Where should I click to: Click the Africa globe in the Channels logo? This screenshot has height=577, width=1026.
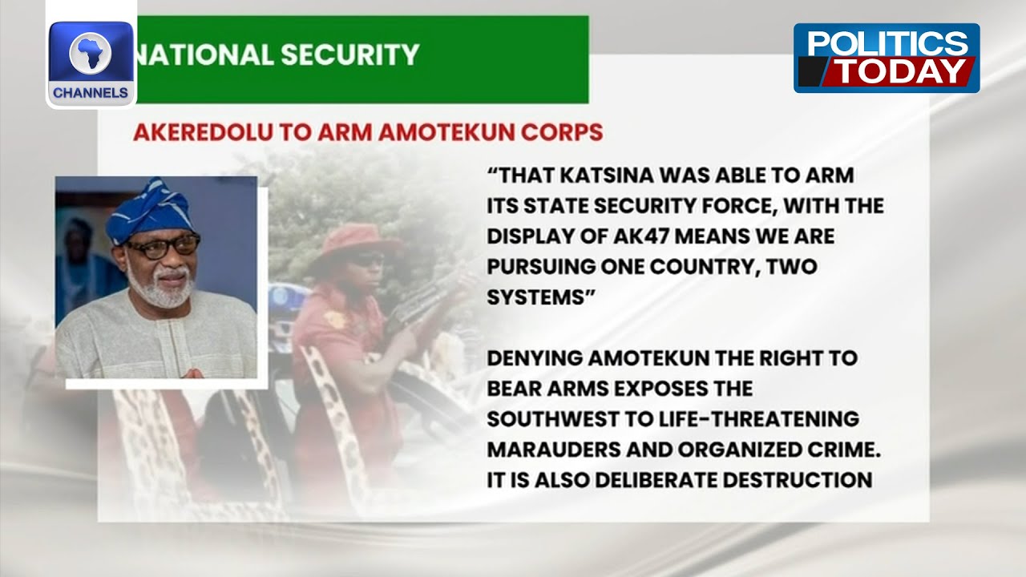(x=91, y=53)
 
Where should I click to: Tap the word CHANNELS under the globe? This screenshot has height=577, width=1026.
(x=91, y=93)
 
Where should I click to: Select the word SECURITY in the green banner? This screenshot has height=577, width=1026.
(x=350, y=54)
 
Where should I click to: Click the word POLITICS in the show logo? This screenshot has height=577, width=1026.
(x=887, y=44)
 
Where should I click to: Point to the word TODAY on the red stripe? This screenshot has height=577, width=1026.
(x=901, y=71)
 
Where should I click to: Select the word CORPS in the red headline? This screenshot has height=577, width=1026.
(x=562, y=132)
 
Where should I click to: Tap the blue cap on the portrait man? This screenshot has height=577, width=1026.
(x=150, y=211)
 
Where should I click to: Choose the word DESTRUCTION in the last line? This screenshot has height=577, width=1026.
(x=797, y=480)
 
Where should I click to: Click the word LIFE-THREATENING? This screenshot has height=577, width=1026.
(x=759, y=419)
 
